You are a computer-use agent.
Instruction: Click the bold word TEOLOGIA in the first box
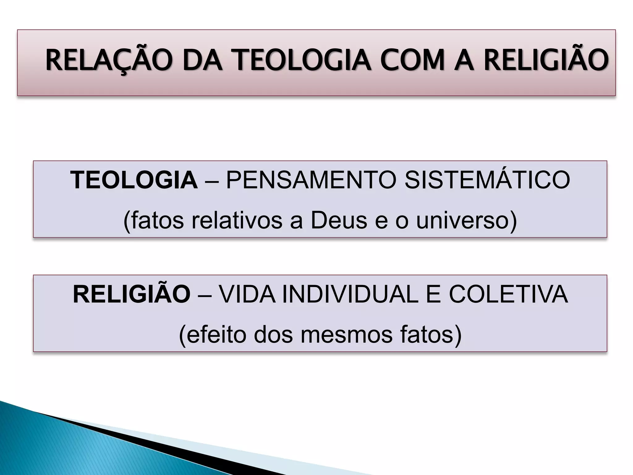pos(134,180)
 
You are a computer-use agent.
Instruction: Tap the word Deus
pos(339,220)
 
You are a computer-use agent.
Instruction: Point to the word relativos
pos(237,220)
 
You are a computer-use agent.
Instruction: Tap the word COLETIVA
pos(508,294)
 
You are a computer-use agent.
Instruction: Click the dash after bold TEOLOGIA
pos(212,181)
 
